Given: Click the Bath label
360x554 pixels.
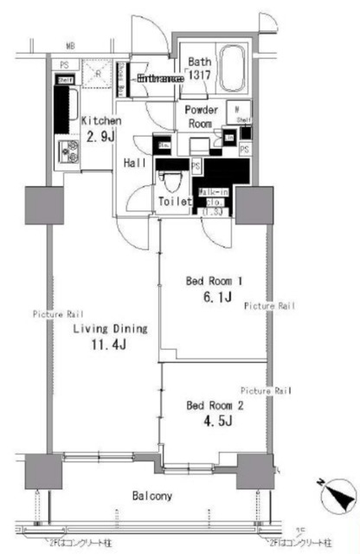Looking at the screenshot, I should (x=199, y=61).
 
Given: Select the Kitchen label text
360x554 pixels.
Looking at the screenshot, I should (x=100, y=122).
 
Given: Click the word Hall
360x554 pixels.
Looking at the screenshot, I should (x=135, y=163).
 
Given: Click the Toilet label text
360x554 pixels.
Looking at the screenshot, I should (x=175, y=202).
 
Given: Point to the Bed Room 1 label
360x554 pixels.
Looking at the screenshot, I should (x=212, y=281).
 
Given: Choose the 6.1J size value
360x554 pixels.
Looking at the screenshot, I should (x=212, y=299).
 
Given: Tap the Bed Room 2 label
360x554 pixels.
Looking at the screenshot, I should (x=212, y=404).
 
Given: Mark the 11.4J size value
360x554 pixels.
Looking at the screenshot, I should (x=109, y=347).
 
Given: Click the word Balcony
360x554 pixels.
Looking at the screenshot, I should (x=152, y=497).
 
